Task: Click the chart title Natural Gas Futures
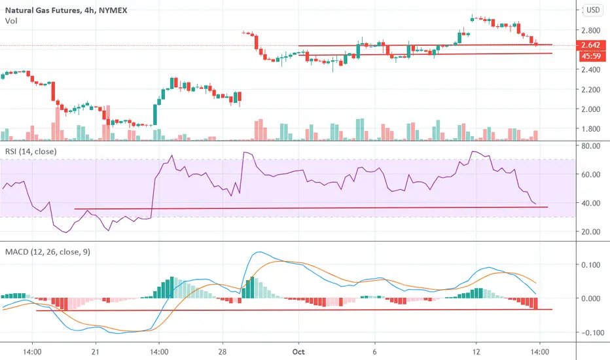tap(43, 10)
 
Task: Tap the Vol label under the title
tap(11, 21)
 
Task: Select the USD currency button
tap(593, 10)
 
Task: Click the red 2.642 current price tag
tap(590, 45)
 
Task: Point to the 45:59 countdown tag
tap(590, 56)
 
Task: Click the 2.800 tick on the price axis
tap(590, 30)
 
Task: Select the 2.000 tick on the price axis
tap(590, 109)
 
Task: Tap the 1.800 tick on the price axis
tap(590, 129)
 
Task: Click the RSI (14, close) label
tap(31, 151)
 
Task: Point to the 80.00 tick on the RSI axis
tap(590, 146)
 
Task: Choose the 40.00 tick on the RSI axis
tap(590, 203)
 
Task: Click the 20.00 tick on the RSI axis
tap(590, 232)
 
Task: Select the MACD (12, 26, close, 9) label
tap(48, 252)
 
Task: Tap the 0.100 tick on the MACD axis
tap(590, 265)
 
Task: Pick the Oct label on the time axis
tap(298, 352)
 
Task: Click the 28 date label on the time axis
tap(223, 352)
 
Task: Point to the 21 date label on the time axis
tap(96, 352)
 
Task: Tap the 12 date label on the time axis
tap(476, 352)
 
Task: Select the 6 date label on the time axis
tap(374, 352)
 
